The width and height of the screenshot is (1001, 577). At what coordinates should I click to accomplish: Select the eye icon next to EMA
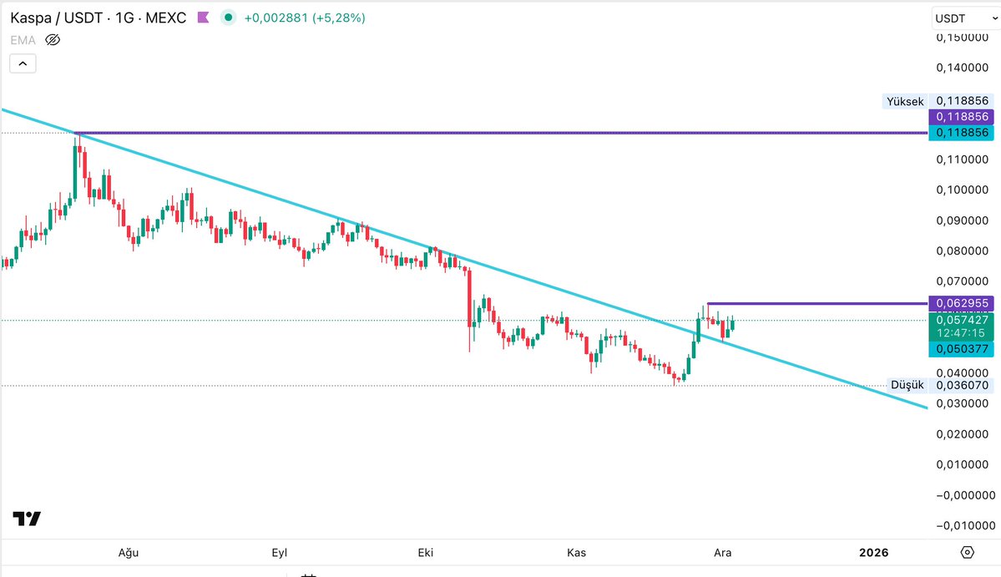[53, 39]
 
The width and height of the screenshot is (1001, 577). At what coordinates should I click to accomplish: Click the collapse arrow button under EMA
[23, 63]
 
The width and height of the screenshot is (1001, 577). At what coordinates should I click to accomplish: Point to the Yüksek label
[905, 101]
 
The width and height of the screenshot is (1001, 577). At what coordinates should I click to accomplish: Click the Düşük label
[907, 385]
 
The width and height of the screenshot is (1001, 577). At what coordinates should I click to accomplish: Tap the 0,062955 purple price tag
[962, 303]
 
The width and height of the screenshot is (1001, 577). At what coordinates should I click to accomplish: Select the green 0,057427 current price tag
[962, 320]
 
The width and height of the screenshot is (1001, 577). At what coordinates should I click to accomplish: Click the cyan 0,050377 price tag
[962, 348]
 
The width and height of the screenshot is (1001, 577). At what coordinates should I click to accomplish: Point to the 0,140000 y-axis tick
[962, 68]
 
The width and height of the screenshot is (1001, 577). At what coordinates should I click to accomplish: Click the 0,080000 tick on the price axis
[962, 251]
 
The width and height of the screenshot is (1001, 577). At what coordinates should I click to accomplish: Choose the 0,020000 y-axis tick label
[962, 434]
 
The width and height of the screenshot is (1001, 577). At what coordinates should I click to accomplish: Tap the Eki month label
[426, 553]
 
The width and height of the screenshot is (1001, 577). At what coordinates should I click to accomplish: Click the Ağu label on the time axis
[128, 553]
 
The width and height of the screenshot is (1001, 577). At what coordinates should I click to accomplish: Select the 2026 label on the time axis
[873, 553]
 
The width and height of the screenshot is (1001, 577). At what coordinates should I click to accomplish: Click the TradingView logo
[27, 519]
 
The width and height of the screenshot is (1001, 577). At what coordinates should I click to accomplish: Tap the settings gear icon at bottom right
[968, 552]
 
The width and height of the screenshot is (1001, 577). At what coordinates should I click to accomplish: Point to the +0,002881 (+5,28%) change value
[304, 18]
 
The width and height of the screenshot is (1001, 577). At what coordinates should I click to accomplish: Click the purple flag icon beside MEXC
[203, 18]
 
